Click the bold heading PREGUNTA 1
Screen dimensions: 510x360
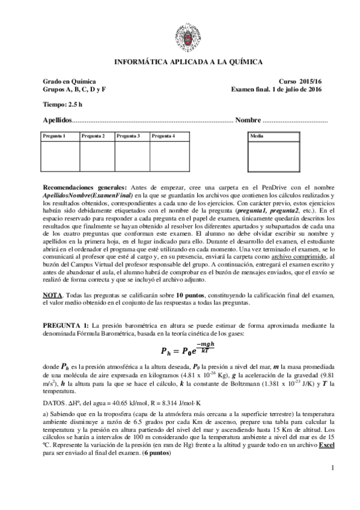67,325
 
